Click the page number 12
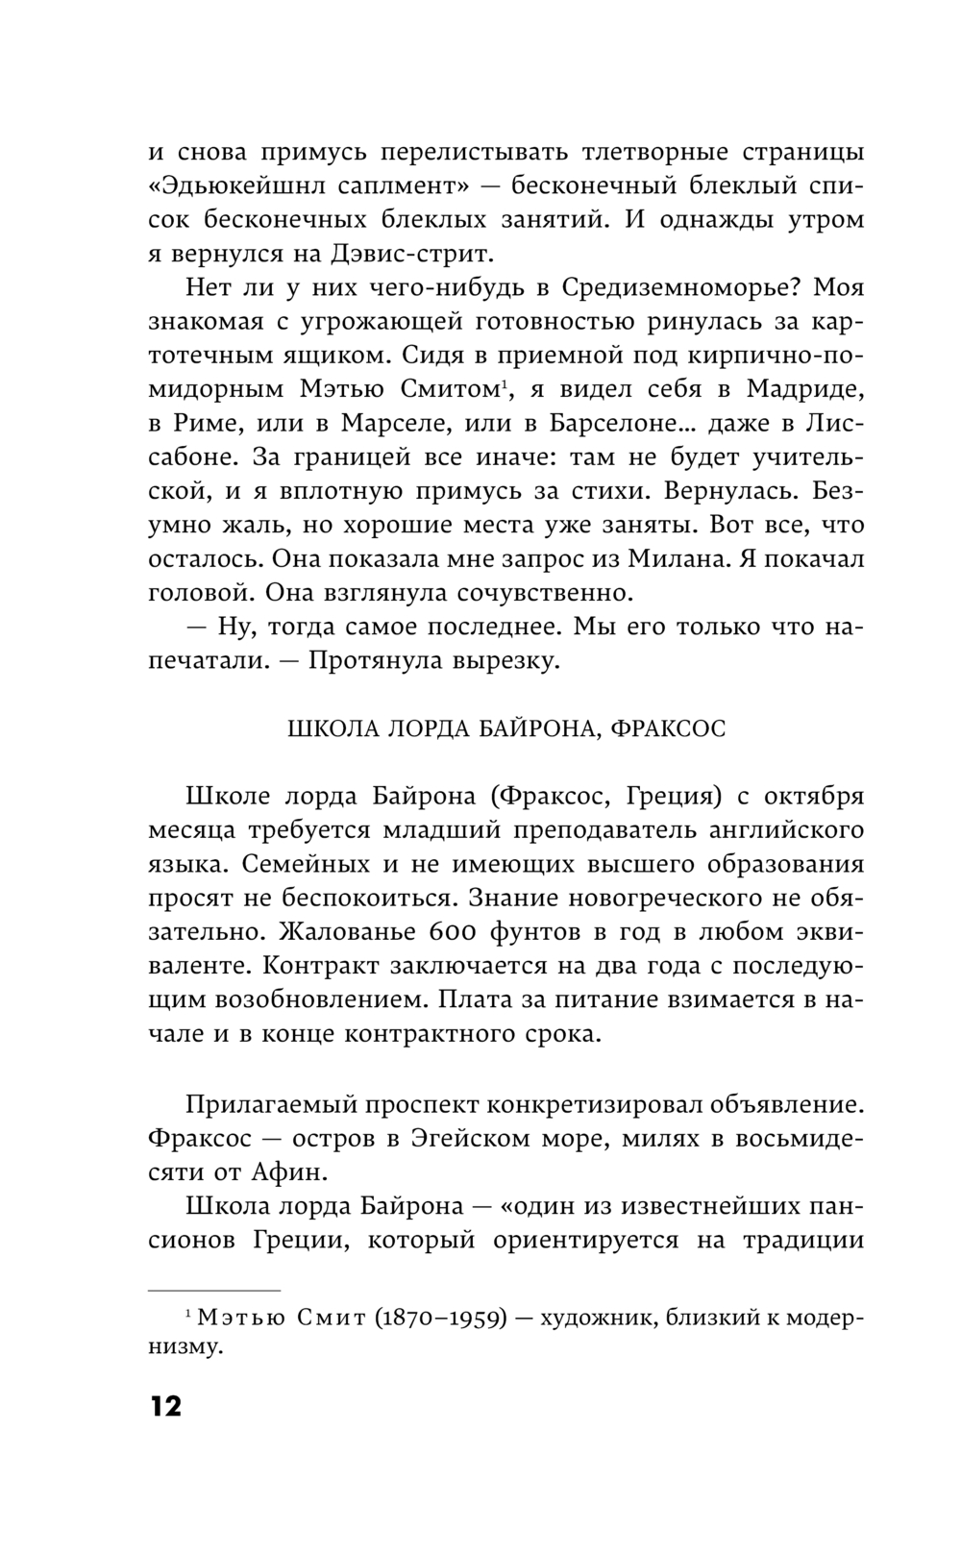165,1406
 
